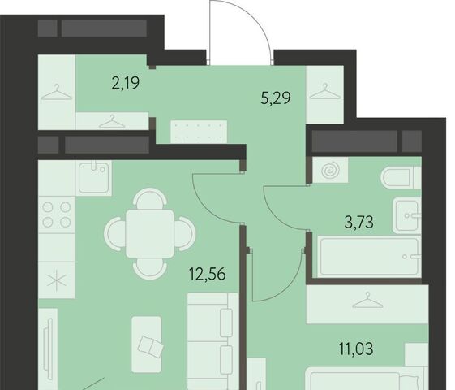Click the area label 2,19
pyautogui.click(x=126, y=83)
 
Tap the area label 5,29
pyautogui.click(x=276, y=98)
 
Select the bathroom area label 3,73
pyautogui.click(x=359, y=223)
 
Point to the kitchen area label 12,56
pyautogui.click(x=207, y=274)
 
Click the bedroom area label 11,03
pyautogui.click(x=356, y=349)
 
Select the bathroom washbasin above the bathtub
pyautogui.click(x=407, y=215)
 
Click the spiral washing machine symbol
pyautogui.click(x=331, y=171)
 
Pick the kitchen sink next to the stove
pyautogui.click(x=94, y=177)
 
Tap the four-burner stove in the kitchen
pyautogui.click(x=57, y=214)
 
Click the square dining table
pyautogui.click(x=150, y=234)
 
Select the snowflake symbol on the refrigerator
pyautogui.click(x=57, y=281)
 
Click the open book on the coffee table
pyautogui.click(x=151, y=346)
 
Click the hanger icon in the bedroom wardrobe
pyautogui.click(x=367, y=301)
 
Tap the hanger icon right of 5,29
pyautogui.click(x=325, y=91)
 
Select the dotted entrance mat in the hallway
pyautogui.click(x=199, y=132)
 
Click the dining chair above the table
pyautogui.click(x=150, y=198)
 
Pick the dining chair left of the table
pyautogui.click(x=115, y=234)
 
